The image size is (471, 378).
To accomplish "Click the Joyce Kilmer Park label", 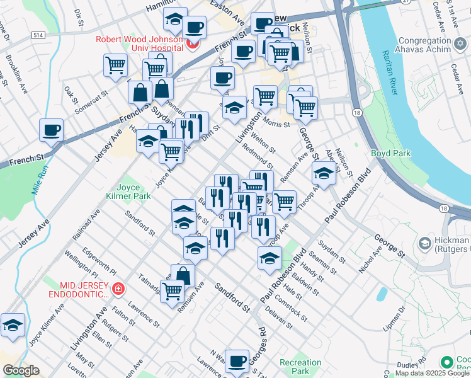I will coord(133,192).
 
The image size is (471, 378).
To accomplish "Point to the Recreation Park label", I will coord(300,367).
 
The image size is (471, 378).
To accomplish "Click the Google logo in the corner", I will coord(21,370).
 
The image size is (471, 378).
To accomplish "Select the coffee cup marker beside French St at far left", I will coord(51,130).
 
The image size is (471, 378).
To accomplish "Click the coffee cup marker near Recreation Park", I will coord(237,361).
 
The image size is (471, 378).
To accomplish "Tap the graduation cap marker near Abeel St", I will coord(323,173).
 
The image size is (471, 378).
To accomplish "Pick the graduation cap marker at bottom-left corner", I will coord(13,325).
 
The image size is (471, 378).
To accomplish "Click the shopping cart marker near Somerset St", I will coord(116,65).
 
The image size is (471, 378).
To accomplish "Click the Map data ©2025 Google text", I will coord(432,373).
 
